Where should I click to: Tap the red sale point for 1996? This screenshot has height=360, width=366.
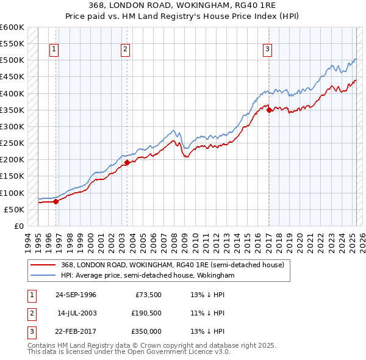click(56, 201)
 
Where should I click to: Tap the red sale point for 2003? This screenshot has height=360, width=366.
click(127, 162)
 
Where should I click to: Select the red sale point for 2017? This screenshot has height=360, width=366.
click(269, 110)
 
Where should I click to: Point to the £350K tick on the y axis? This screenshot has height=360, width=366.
click(12, 110)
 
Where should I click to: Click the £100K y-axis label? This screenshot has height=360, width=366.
click(12, 193)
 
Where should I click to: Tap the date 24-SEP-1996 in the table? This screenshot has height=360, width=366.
click(76, 295)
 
